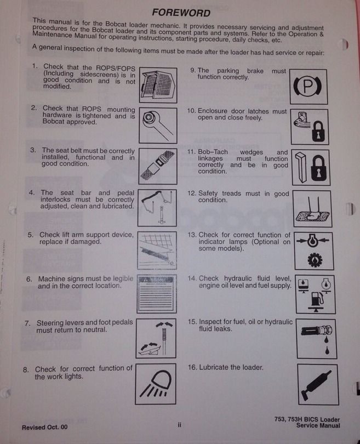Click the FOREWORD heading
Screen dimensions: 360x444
181,13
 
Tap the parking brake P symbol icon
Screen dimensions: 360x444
308,87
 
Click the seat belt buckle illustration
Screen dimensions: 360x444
158,166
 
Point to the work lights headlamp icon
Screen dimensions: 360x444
156,384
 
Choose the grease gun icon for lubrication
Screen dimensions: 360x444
316,385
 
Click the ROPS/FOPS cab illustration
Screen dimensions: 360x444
158,84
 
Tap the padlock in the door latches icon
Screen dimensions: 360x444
319,132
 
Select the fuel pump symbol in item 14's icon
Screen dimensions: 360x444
317,299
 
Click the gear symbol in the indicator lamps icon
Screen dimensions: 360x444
315,260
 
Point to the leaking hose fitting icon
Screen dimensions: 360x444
317,339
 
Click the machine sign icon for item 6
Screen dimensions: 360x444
157,294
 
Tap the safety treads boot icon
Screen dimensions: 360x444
313,209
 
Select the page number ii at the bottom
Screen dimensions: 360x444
179,424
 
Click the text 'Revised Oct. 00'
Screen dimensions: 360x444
45,427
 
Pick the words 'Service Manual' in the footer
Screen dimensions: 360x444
318,425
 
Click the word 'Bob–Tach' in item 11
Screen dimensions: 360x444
213,152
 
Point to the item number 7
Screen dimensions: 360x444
27,323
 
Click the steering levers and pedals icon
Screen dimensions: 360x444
156,338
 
